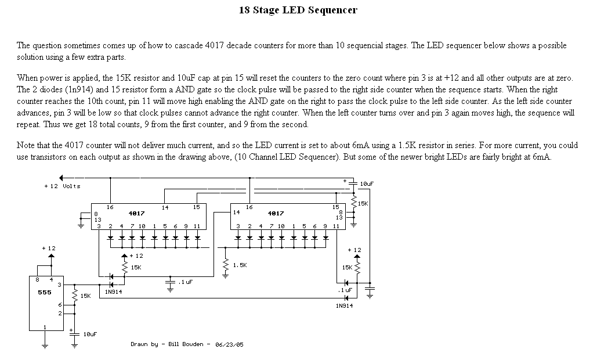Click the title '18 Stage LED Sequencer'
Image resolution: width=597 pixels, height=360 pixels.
click(298, 10)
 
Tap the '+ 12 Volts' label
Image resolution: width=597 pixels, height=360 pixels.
click(62, 186)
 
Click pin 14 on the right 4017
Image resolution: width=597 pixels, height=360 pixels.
click(236, 213)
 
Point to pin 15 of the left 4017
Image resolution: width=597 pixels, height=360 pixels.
click(196, 207)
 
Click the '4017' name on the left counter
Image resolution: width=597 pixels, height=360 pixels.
click(136, 213)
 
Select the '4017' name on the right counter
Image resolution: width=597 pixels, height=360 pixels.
click(276, 213)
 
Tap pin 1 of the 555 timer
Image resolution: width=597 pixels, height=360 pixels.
click(45, 327)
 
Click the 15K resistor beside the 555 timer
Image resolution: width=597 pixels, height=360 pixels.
click(75, 296)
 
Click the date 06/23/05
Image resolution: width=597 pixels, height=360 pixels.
click(229, 344)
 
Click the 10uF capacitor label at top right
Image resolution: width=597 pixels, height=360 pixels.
click(366, 183)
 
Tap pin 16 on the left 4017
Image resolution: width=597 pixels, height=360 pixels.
click(110, 207)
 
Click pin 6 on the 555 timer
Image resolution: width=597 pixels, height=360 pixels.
click(59, 304)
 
